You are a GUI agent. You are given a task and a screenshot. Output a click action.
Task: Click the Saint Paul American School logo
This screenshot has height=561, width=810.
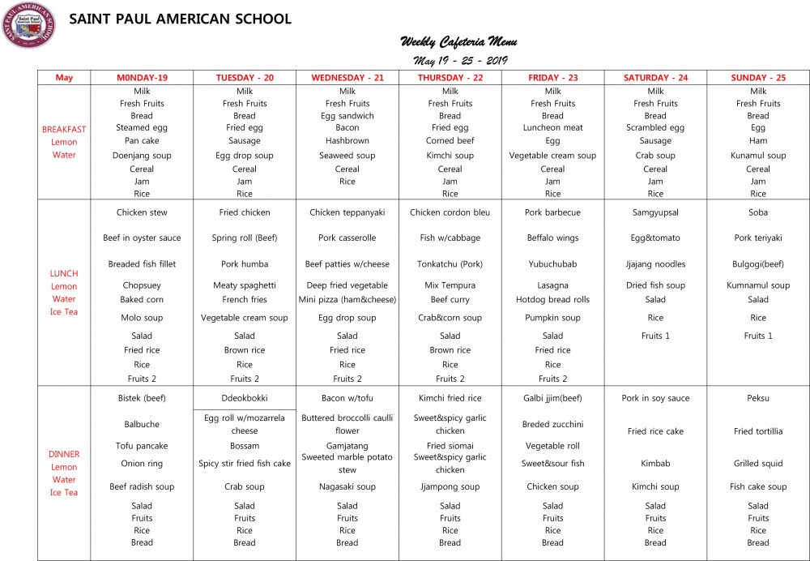(x=28, y=25)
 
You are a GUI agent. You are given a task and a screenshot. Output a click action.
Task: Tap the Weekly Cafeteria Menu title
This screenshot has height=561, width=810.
(x=458, y=41)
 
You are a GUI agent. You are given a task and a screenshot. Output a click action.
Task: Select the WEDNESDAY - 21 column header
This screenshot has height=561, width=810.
(x=347, y=78)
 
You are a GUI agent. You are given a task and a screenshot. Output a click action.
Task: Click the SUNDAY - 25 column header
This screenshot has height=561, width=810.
(x=758, y=78)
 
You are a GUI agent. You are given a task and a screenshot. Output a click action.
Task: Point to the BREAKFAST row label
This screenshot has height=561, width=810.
(x=64, y=129)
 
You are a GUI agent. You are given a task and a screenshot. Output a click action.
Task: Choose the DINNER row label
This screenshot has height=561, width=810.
(x=64, y=454)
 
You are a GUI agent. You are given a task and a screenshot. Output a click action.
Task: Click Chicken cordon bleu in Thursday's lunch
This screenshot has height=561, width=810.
(x=450, y=212)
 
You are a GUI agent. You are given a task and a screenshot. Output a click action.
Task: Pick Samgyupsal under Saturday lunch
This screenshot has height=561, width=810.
(x=655, y=212)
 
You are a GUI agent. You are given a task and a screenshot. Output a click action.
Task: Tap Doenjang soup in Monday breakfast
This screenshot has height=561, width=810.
(x=142, y=156)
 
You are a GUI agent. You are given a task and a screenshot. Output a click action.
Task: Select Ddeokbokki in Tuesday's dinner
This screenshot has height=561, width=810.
(x=245, y=398)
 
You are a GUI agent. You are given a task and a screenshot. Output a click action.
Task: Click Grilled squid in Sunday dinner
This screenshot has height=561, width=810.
(x=758, y=464)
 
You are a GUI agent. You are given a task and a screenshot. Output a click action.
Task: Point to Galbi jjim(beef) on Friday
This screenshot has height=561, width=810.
(x=553, y=398)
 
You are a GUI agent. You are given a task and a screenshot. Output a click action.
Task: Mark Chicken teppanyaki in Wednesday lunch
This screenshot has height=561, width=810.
(x=347, y=212)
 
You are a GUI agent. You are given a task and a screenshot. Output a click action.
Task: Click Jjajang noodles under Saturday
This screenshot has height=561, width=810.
(x=655, y=264)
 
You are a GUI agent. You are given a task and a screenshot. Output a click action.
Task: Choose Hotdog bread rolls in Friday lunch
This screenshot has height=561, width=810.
(x=553, y=300)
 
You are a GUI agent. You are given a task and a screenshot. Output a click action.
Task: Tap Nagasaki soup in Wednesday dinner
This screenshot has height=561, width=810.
(x=347, y=487)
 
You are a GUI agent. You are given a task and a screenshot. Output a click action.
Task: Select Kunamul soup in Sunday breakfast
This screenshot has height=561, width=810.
(x=758, y=156)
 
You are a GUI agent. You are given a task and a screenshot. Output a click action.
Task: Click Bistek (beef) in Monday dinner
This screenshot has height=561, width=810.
(x=142, y=398)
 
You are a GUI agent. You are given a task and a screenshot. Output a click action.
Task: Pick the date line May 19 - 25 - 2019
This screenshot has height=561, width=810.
(x=458, y=61)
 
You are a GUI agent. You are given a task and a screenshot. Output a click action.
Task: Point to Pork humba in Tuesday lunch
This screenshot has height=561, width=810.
(x=245, y=264)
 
